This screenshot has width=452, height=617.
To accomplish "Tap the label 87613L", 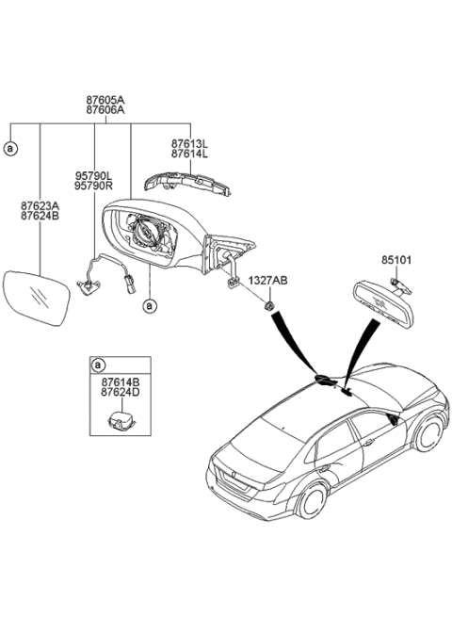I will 190,144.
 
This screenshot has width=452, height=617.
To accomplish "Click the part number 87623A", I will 39,204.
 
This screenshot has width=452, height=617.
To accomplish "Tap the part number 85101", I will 396,259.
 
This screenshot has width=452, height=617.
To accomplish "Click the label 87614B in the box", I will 120,382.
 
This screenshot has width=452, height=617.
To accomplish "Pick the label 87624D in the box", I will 120,395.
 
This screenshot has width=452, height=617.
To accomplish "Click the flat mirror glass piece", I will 35,300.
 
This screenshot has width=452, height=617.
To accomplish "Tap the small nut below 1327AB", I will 268,307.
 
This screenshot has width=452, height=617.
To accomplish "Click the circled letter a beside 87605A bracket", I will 10,149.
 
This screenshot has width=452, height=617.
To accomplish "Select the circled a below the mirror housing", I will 148,305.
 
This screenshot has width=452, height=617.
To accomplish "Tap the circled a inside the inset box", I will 97,364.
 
